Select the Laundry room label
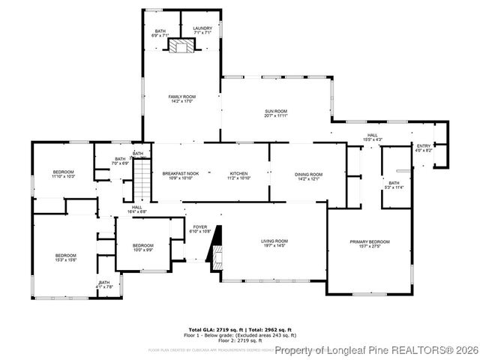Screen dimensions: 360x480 (202, 31)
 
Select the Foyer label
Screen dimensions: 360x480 (199, 229)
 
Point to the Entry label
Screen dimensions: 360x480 (424, 148)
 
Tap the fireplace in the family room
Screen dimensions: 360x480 (180, 46)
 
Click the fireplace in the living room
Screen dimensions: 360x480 (216, 247)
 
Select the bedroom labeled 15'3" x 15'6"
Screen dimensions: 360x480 (65, 259)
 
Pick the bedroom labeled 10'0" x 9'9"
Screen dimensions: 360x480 (142, 248)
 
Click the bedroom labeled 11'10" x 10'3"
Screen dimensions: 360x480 (63, 175)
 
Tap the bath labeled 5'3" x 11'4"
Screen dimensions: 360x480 (394, 184)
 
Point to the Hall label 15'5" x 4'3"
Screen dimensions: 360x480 (373, 138)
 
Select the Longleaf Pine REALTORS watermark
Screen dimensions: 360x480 (375, 350)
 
